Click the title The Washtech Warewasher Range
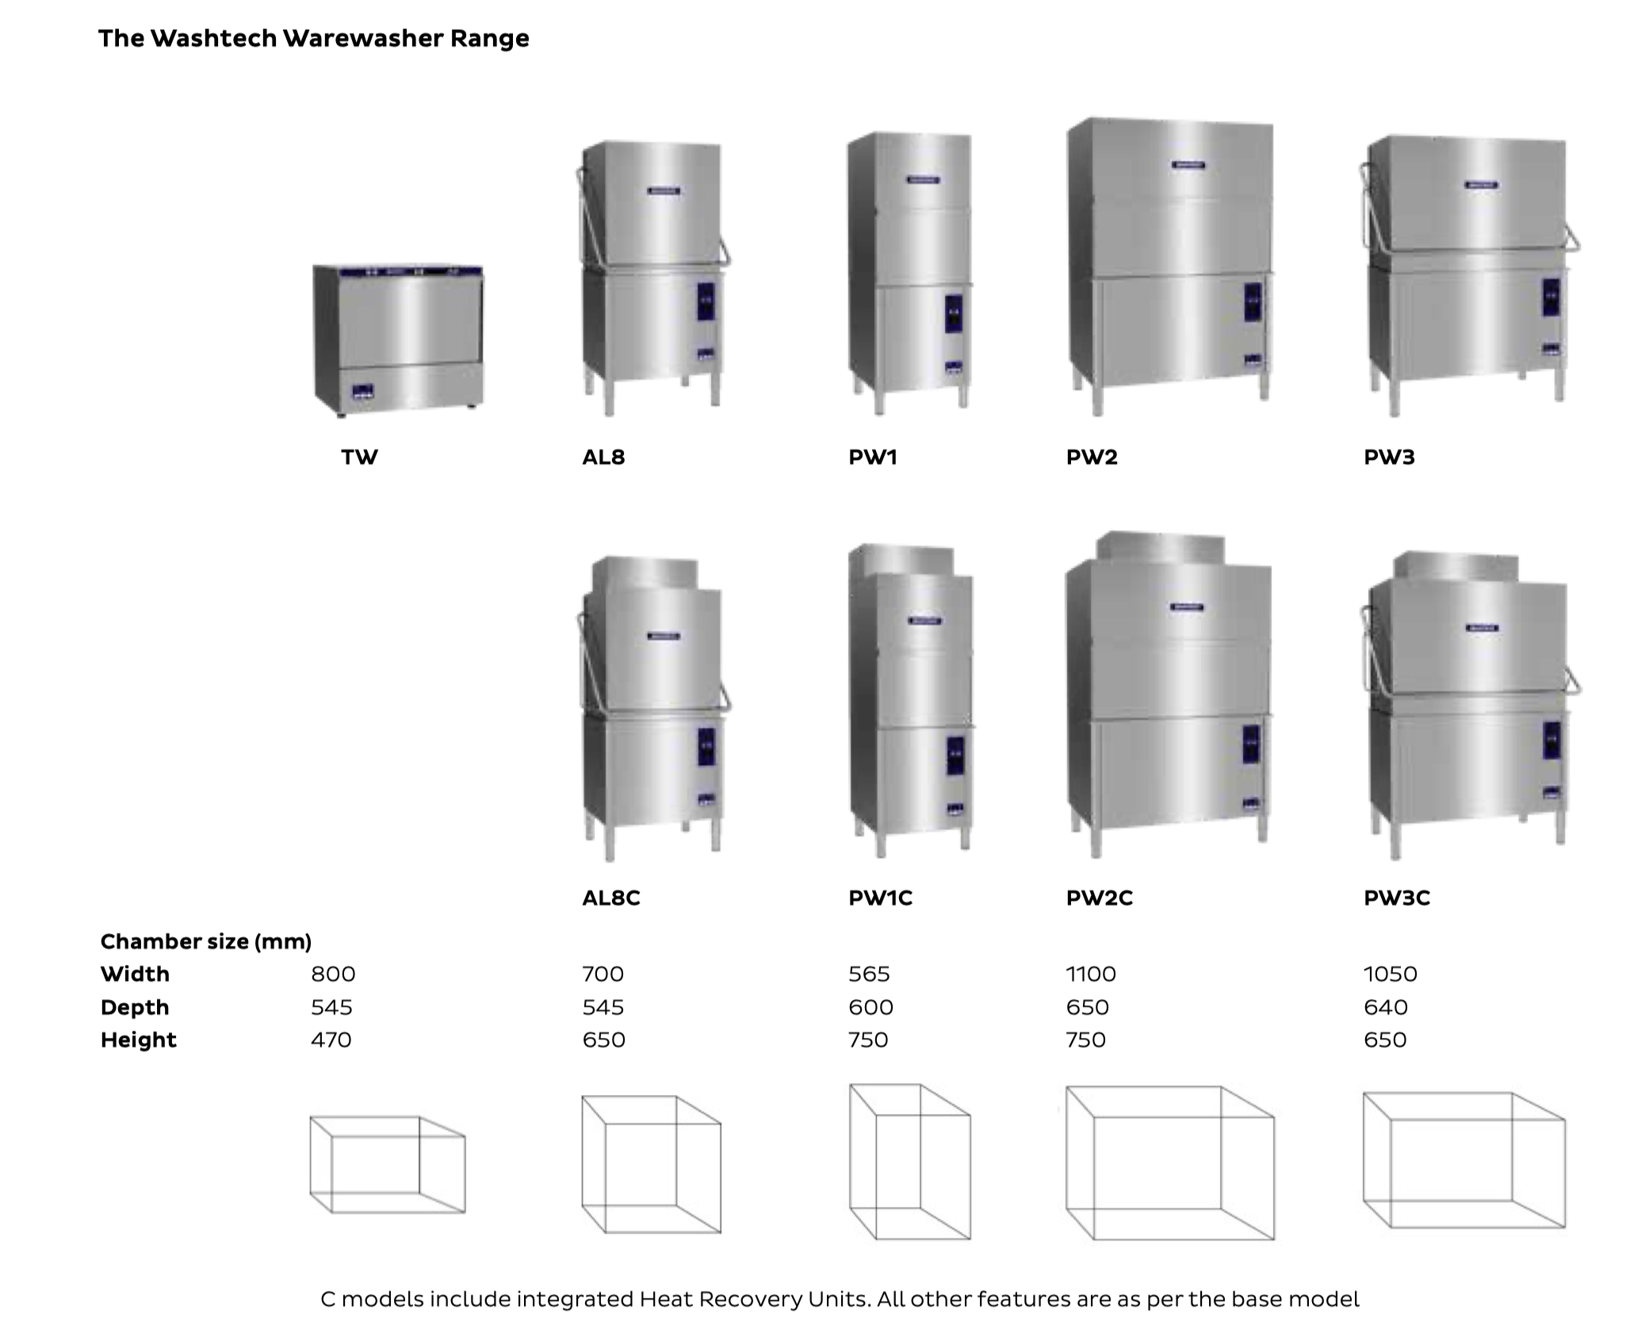313,39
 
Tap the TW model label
359,458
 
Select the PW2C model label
1099,898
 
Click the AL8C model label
610,898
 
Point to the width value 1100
1091,974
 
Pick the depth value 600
870,1007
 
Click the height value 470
331,1039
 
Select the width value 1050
1390,974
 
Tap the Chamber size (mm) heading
205,941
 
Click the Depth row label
135,1007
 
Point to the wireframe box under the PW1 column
909,1162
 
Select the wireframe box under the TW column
387,1165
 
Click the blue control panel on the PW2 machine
1252,302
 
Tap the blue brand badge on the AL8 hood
663,190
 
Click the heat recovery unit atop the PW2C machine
1161,548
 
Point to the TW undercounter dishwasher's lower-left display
363,391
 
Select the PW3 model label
1389,458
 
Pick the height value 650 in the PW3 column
1384,1039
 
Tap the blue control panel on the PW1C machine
955,756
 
